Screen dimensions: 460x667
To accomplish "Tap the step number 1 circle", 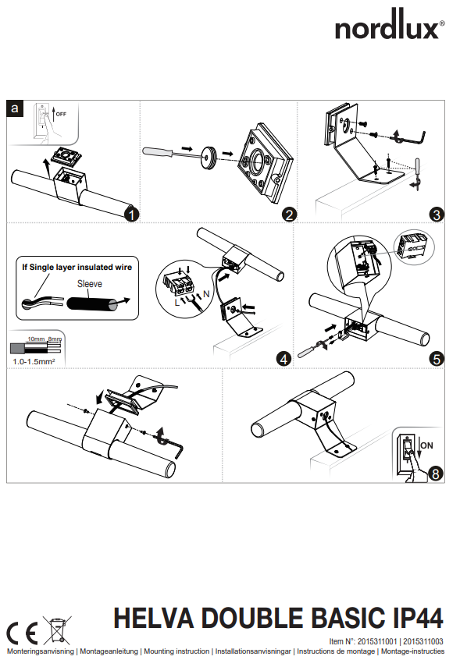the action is (132, 214).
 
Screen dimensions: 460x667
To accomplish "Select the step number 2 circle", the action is (289, 214).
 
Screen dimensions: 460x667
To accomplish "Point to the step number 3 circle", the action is (436, 214).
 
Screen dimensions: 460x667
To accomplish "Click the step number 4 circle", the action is (284, 359).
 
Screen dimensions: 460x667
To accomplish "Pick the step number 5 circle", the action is (436, 359).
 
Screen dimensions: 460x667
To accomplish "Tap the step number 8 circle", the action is (435, 473).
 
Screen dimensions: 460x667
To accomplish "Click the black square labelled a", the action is (15, 108).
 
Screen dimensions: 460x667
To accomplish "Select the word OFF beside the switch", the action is (62, 114).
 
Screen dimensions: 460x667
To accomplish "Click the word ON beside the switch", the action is (426, 445).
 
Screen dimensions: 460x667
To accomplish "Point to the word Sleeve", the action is (90, 284).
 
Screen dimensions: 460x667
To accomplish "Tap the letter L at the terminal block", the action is (177, 303).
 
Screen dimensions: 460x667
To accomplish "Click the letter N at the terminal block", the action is (206, 294).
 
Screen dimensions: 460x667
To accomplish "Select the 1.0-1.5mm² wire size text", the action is (34, 361).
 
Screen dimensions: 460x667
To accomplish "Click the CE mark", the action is (22, 633).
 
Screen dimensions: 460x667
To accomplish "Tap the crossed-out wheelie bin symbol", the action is (57, 630).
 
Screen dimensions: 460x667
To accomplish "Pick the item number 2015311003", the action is (423, 641).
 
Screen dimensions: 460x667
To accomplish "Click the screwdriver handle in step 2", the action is (158, 152).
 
